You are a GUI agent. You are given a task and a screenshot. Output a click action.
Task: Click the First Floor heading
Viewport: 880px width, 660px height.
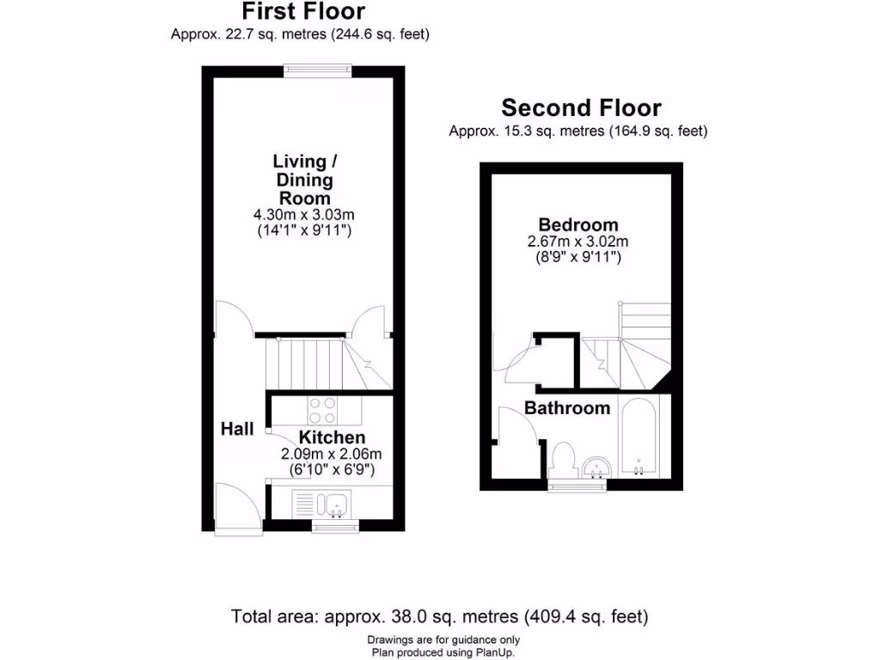(x=302, y=12)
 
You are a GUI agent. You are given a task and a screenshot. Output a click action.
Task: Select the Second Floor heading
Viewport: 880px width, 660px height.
(x=581, y=108)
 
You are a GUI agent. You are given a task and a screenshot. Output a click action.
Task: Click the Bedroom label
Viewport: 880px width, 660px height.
(x=578, y=226)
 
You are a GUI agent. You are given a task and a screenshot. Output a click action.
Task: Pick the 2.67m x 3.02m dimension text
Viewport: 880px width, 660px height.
(x=578, y=241)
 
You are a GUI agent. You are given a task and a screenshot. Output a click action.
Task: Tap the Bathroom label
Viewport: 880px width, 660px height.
(x=567, y=408)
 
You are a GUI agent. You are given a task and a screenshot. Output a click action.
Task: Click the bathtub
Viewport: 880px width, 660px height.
(x=639, y=438)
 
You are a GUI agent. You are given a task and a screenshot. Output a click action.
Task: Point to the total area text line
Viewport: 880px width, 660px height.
(x=439, y=616)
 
